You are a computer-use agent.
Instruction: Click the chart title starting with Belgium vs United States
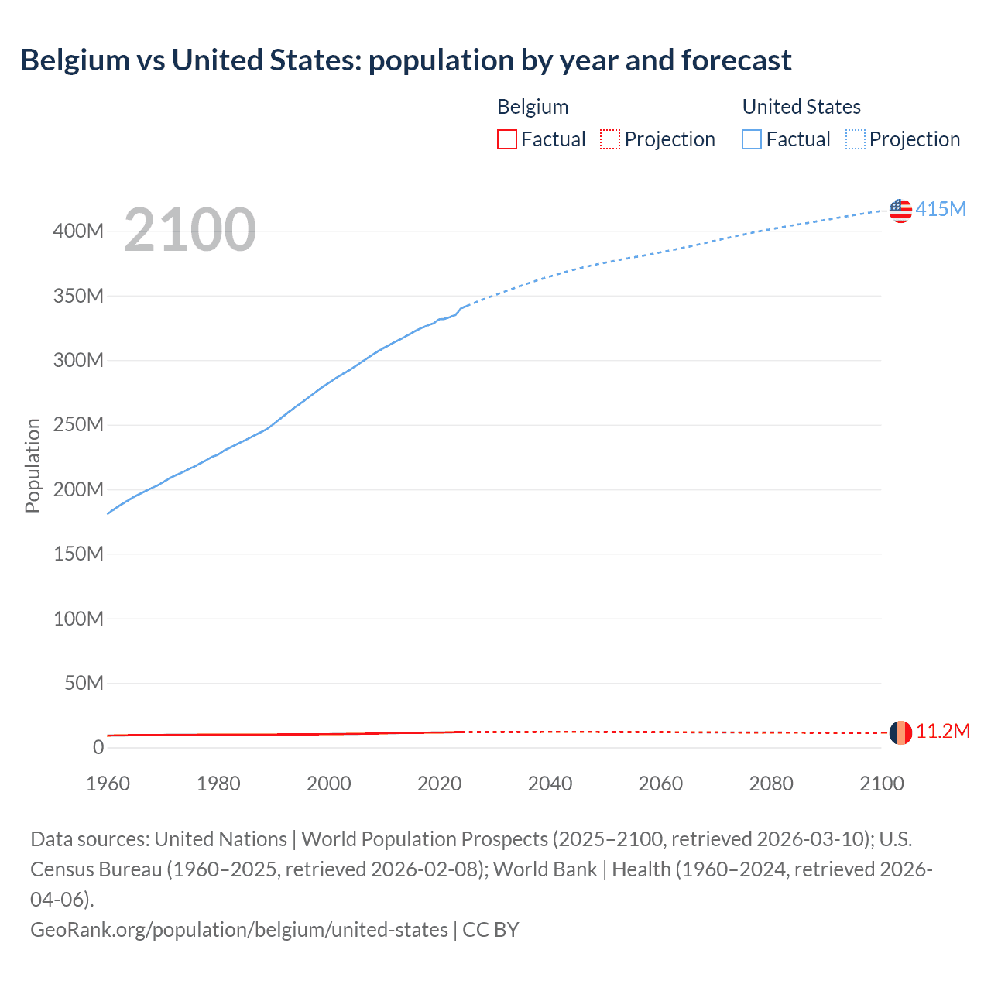click(x=406, y=60)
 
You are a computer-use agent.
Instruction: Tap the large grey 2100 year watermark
click(x=190, y=230)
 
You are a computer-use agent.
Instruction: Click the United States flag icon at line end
click(x=900, y=210)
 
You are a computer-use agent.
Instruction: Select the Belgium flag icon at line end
click(x=900, y=732)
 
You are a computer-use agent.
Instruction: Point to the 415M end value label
click(x=941, y=209)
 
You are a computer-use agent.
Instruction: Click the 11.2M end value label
click(x=943, y=732)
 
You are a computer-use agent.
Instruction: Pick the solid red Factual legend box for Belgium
click(x=507, y=139)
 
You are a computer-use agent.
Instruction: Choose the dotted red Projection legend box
click(x=610, y=139)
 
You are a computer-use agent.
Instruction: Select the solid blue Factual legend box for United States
click(x=752, y=139)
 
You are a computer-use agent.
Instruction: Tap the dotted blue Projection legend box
click(x=856, y=139)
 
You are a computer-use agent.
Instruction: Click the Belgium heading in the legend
click(x=533, y=107)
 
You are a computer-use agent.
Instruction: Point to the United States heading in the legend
click(x=801, y=107)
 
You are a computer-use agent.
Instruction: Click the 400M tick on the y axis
click(x=78, y=231)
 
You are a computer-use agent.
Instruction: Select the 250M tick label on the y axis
click(x=78, y=425)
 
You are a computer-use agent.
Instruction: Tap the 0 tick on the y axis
click(x=98, y=747)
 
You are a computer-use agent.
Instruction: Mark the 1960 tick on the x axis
click(x=108, y=784)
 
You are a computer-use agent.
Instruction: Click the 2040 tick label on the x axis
click(x=550, y=784)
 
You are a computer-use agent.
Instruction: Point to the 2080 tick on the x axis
click(x=771, y=784)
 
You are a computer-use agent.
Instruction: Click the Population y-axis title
click(x=33, y=465)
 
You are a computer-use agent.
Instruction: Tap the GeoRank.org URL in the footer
click(x=239, y=929)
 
